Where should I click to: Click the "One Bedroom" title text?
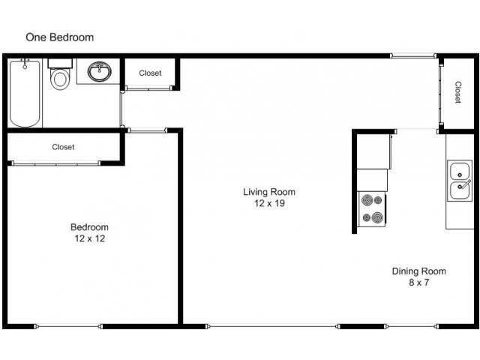pyautogui.click(x=59, y=37)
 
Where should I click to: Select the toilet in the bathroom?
pyautogui.click(x=60, y=76)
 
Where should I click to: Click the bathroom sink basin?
pyautogui.click(x=100, y=73)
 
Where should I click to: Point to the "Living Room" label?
pyautogui.click(x=268, y=192)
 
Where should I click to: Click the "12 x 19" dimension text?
pyautogui.click(x=268, y=203)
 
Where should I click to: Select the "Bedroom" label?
pyautogui.click(x=89, y=228)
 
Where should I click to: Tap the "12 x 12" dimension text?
pyautogui.click(x=89, y=239)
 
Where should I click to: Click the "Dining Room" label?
pyautogui.click(x=419, y=271)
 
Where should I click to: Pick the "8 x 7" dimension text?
pyautogui.click(x=419, y=283)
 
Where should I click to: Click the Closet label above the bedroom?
pyautogui.click(x=63, y=147)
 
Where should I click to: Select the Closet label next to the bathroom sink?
pyautogui.click(x=150, y=73)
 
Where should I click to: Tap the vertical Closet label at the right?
pyautogui.click(x=457, y=92)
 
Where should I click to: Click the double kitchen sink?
pyautogui.click(x=459, y=180)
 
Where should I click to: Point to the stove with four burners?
pyautogui.click(x=371, y=210)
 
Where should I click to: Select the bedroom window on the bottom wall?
pyautogui.click(x=68, y=325)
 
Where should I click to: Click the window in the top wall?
pyautogui.click(x=413, y=55)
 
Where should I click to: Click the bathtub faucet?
pyautogui.click(x=25, y=63)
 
